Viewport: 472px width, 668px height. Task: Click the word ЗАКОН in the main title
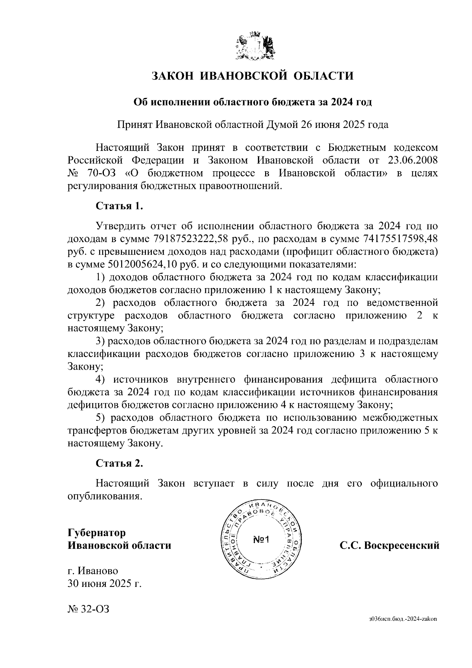click(172, 76)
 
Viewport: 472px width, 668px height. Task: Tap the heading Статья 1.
click(119, 206)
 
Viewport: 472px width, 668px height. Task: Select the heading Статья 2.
click(119, 463)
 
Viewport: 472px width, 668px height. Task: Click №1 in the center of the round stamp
click(261, 539)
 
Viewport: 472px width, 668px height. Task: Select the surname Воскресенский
click(402, 546)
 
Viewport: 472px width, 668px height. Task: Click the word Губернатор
click(97, 533)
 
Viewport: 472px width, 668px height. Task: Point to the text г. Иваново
click(92, 570)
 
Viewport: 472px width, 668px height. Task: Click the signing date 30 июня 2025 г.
click(104, 583)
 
